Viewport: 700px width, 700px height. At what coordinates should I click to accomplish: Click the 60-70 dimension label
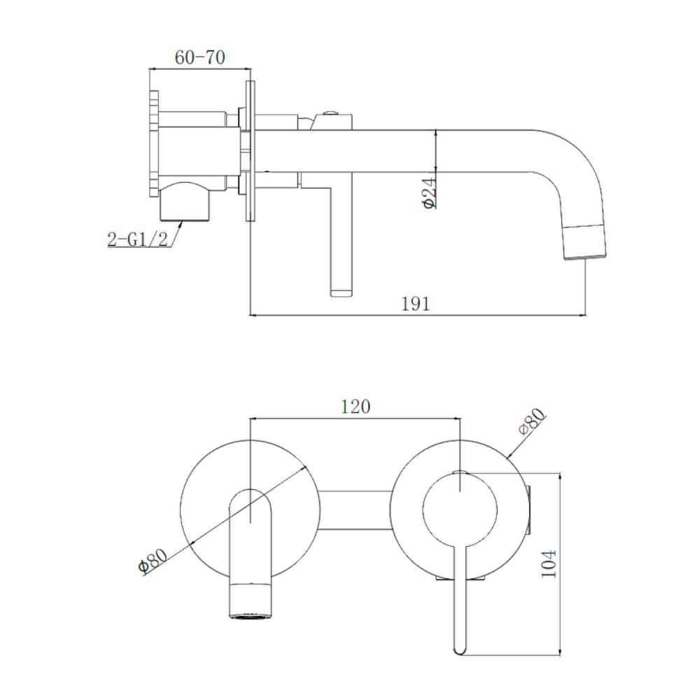tap(200, 58)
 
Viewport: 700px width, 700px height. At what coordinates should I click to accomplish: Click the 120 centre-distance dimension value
tap(355, 407)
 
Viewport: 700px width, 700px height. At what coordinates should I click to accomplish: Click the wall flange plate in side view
tap(249, 151)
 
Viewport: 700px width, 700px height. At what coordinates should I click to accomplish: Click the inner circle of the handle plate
tap(460, 508)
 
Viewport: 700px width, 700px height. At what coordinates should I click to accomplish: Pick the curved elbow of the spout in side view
tap(574, 161)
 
